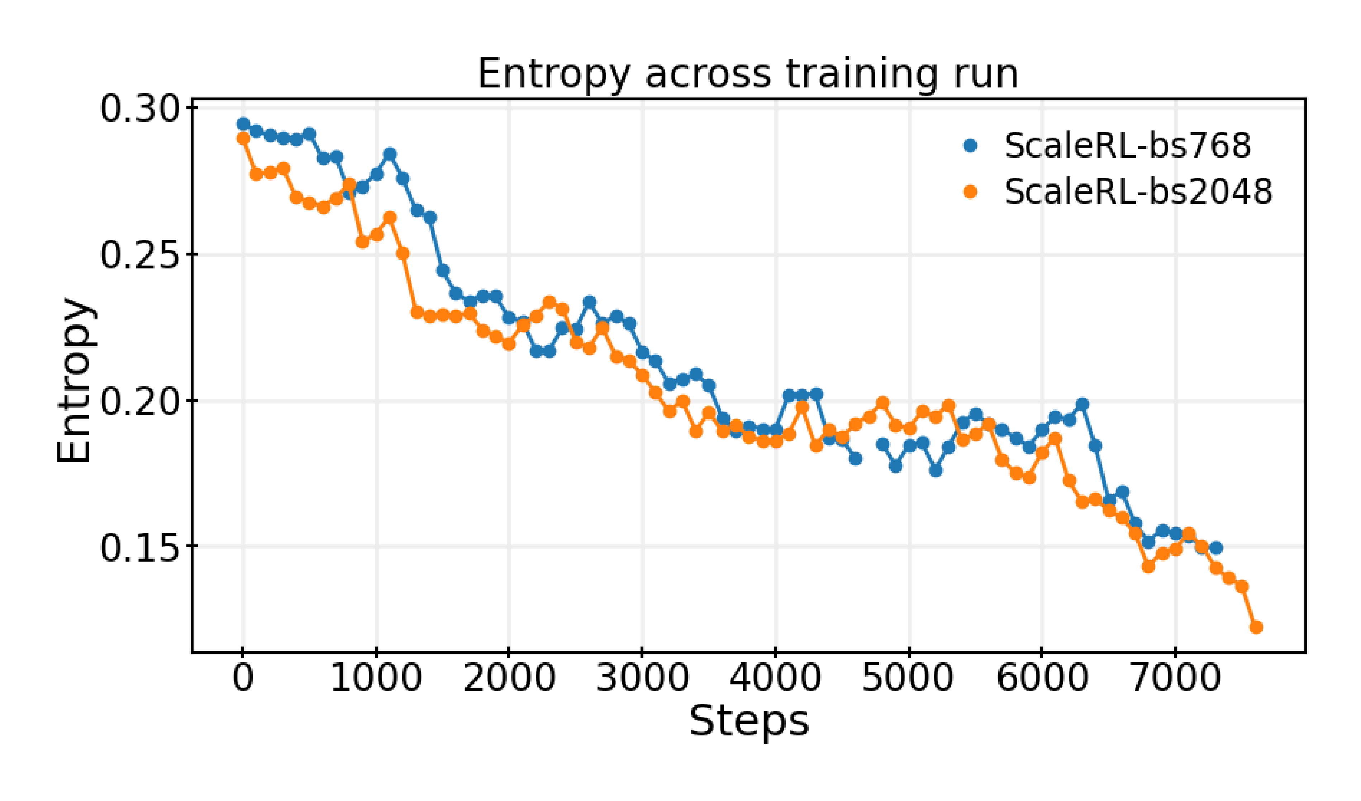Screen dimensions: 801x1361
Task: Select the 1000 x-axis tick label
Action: pyautogui.click(x=376, y=678)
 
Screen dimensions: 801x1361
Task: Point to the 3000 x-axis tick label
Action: pyautogui.click(x=642, y=678)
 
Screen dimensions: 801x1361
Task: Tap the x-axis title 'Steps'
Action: pyautogui.click(x=749, y=721)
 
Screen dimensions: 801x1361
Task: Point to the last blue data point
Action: pyautogui.click(x=1216, y=548)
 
